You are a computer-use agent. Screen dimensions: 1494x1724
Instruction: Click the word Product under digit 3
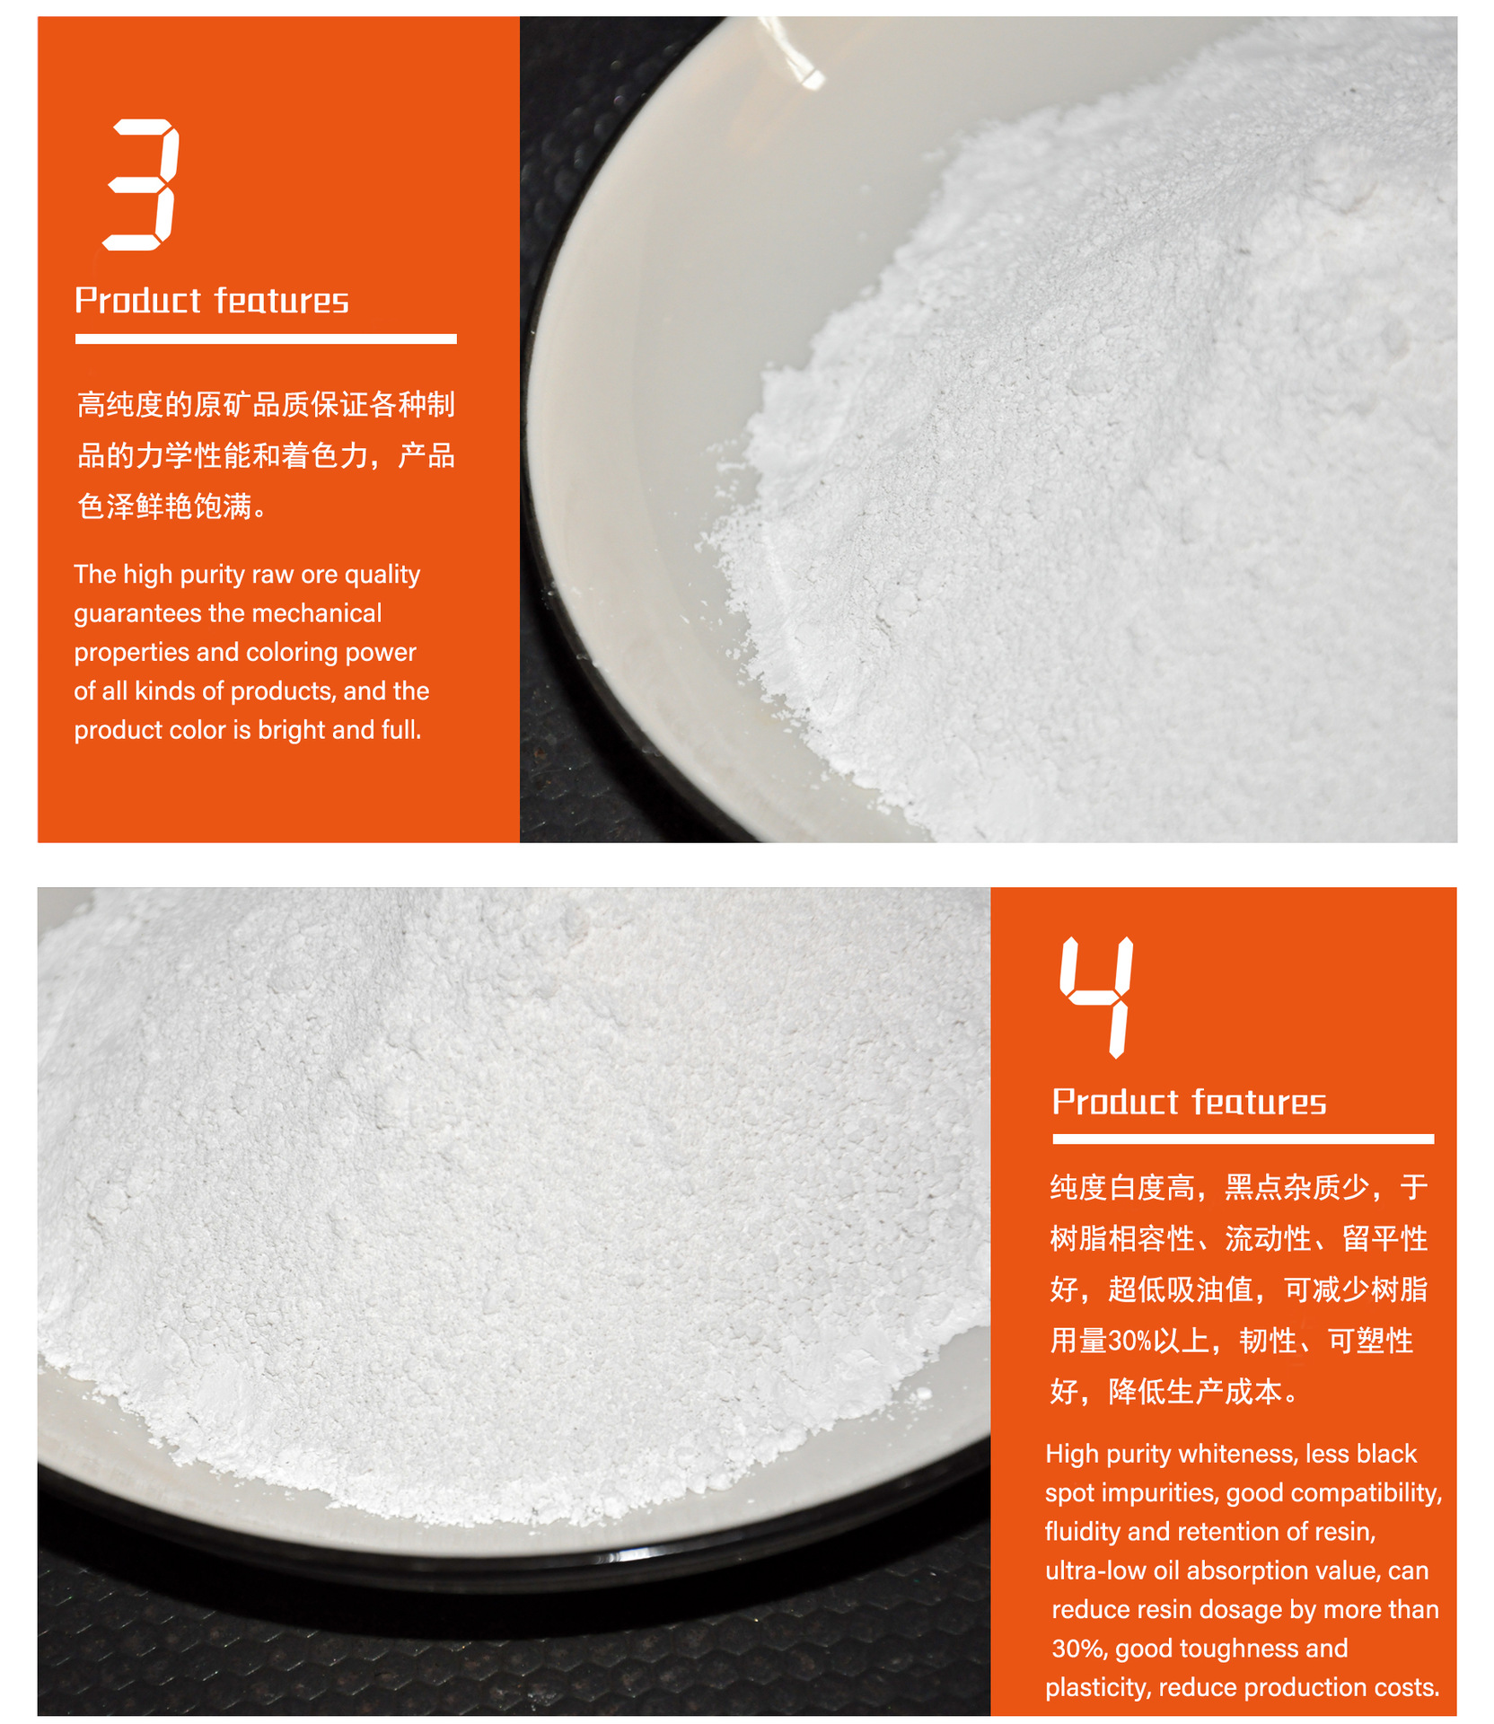(x=138, y=300)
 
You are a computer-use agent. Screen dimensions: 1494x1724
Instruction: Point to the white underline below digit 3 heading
(x=266, y=339)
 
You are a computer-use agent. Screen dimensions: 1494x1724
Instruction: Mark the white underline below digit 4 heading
(x=1244, y=1139)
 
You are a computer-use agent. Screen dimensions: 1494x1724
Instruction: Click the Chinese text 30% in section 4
(x=1129, y=1341)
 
